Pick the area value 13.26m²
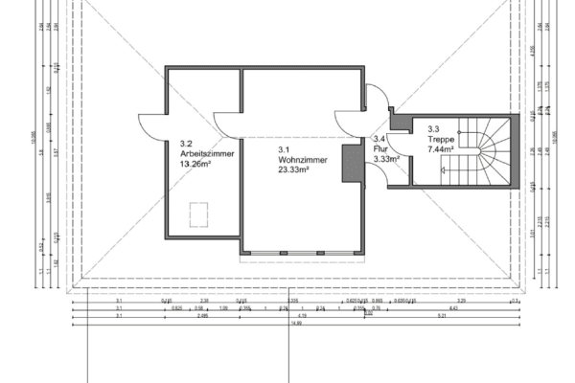[x=195, y=163]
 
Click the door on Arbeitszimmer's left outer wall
[x=152, y=124]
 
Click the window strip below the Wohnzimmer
[x=303, y=254]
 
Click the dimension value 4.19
[x=302, y=315]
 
